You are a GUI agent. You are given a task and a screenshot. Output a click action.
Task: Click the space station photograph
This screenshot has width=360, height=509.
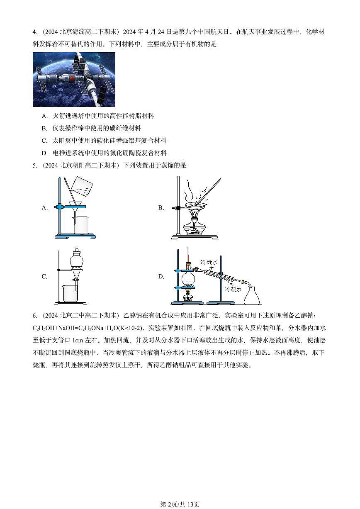(74, 79)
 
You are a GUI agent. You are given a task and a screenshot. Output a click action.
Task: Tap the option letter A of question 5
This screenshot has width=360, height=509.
(45, 208)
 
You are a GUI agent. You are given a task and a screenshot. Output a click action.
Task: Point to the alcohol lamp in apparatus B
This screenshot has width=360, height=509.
(195, 226)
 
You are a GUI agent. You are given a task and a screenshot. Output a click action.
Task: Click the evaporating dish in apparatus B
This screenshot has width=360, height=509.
(195, 205)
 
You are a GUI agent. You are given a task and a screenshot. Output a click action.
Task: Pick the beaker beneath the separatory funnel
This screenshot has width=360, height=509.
(70, 293)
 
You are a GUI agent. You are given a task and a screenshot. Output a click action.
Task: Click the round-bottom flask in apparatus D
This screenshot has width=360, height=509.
(189, 279)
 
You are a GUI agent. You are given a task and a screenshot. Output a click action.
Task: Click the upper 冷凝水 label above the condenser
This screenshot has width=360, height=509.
(209, 262)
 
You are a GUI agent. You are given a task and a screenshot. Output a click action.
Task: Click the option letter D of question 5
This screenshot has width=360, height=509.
(161, 277)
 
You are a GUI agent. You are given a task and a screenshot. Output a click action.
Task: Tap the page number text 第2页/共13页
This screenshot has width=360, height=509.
(180, 504)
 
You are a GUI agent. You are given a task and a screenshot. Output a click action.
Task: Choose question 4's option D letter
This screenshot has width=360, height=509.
(44, 153)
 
